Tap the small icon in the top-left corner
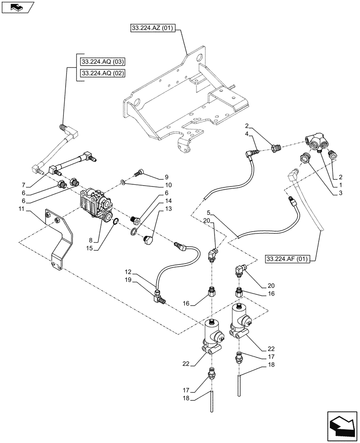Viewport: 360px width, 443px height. click(x=17, y=7)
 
